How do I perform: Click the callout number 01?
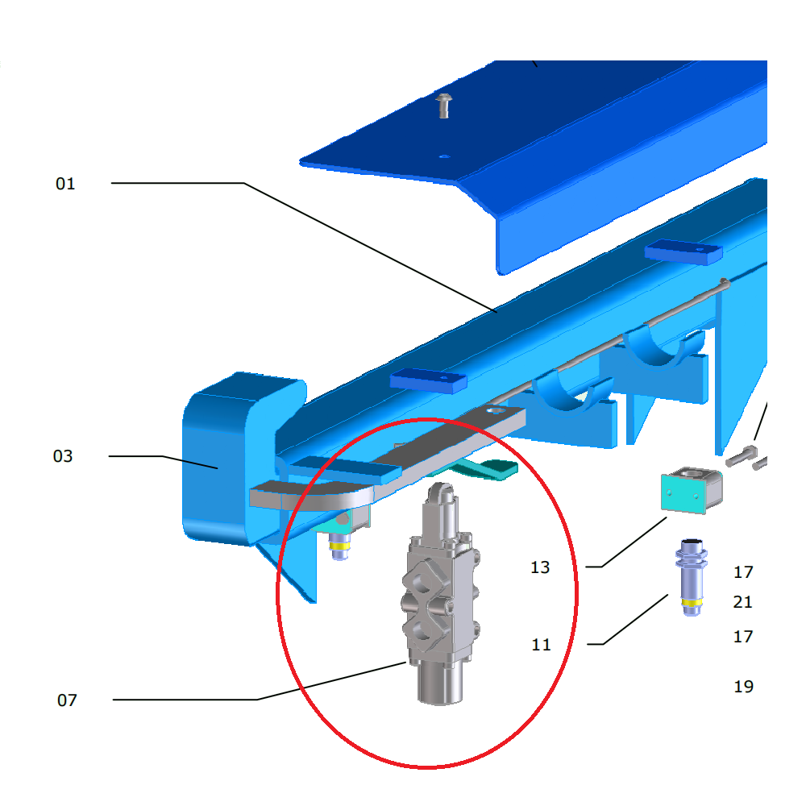click(x=65, y=184)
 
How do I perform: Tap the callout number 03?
click(x=63, y=456)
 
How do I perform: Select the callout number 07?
click(x=68, y=700)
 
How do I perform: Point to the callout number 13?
click(x=540, y=567)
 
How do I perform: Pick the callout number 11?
click(x=541, y=645)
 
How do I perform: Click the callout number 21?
click(x=743, y=601)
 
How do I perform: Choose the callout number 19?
click(x=744, y=686)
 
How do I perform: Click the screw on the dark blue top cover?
click(x=443, y=106)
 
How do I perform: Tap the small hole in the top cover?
click(x=445, y=156)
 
